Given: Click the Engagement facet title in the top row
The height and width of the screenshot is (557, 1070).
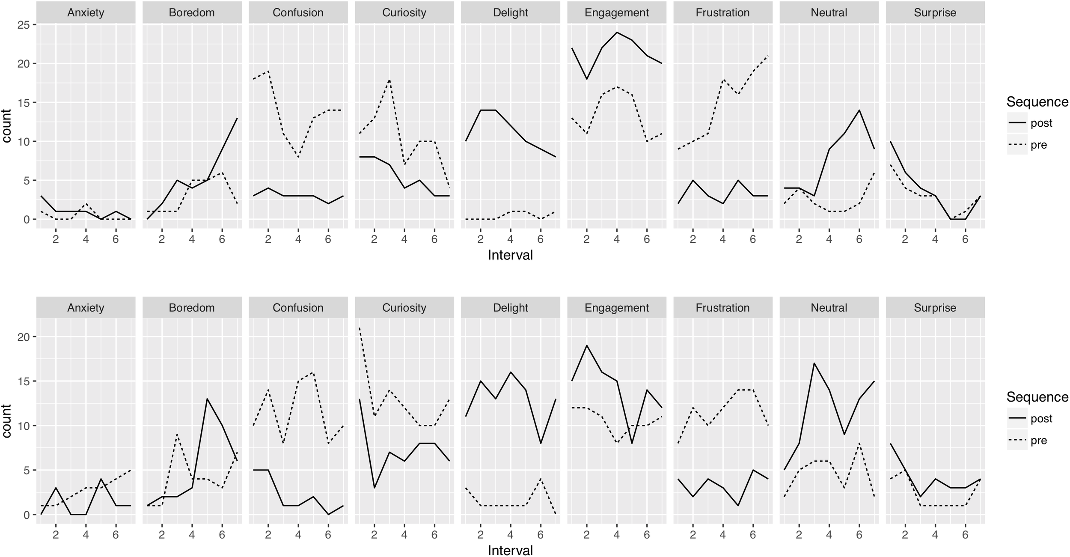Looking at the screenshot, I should [x=616, y=12].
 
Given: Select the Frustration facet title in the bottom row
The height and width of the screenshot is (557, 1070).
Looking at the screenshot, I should [x=722, y=308].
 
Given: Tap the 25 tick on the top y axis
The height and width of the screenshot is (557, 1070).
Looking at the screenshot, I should [x=24, y=25].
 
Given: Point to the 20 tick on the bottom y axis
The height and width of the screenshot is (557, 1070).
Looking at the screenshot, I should [x=24, y=337].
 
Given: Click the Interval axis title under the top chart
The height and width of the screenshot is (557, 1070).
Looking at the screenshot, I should [x=510, y=255].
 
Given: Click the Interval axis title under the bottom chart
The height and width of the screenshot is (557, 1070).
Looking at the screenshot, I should [x=510, y=550].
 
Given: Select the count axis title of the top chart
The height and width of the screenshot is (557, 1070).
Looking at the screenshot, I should [x=7, y=126].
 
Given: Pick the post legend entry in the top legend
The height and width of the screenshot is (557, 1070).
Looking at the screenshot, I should [x=1041, y=123].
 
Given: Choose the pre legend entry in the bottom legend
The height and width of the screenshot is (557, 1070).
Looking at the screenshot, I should [x=1038, y=441].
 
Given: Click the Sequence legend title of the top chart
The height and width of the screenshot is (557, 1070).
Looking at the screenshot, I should [x=1037, y=102].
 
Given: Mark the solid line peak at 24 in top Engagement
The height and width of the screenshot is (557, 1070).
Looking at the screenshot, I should [x=616, y=33].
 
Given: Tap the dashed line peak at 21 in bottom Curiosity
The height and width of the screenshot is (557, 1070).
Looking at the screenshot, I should [x=360, y=328].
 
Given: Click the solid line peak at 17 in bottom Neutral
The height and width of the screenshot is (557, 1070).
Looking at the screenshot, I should [x=814, y=363].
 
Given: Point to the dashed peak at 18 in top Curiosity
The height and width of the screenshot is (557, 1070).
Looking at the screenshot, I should [x=389, y=80].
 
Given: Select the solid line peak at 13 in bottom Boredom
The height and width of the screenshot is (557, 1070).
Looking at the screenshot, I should [x=207, y=399].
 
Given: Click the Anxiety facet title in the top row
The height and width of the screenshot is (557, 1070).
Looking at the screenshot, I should [x=86, y=12].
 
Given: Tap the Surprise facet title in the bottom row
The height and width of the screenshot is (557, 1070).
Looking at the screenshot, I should [x=935, y=308].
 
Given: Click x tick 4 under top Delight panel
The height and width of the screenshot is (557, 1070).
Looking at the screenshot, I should [x=510, y=239].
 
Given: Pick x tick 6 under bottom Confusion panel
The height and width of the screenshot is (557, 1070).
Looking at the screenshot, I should [x=328, y=534].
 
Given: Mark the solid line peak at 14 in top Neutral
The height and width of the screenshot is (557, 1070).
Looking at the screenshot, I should [x=859, y=110].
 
